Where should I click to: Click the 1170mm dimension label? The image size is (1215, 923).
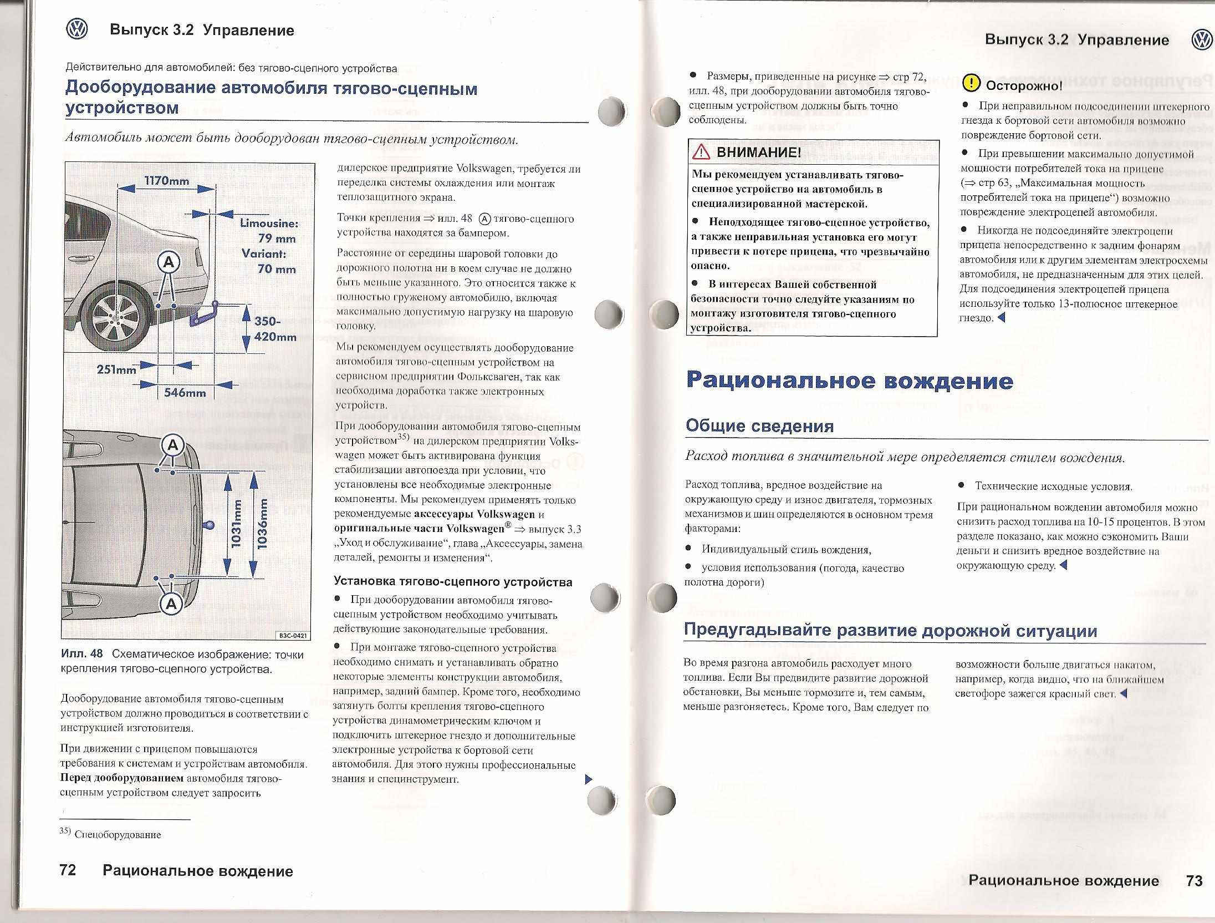pyautogui.click(x=166, y=181)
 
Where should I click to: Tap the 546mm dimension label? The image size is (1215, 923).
pyautogui.click(x=185, y=393)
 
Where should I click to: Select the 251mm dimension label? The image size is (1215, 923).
pyautogui.click(x=116, y=369)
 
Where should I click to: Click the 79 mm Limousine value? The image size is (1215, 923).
pyautogui.click(x=277, y=239)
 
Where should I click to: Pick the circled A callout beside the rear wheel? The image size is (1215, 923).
pyautogui.click(x=169, y=262)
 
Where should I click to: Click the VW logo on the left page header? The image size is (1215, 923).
pyautogui.click(x=76, y=29)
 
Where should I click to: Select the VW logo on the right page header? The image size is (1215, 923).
pyautogui.click(x=1202, y=40)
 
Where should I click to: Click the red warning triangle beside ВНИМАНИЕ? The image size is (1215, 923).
pyautogui.click(x=701, y=151)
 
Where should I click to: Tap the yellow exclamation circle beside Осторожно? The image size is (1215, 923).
pyautogui.click(x=971, y=84)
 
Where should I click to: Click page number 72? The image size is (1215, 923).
pyautogui.click(x=68, y=870)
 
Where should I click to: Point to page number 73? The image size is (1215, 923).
pyautogui.click(x=1194, y=881)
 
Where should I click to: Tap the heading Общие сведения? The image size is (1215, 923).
pyautogui.click(x=759, y=426)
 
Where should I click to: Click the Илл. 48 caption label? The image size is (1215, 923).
pyautogui.click(x=81, y=654)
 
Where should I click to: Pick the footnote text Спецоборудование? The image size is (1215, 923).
pyautogui.click(x=118, y=835)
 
